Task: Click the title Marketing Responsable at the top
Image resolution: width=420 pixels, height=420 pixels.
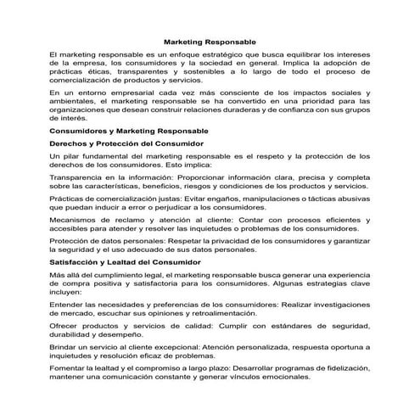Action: click(209, 40)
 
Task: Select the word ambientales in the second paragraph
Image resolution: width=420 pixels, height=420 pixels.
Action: click(72, 101)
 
